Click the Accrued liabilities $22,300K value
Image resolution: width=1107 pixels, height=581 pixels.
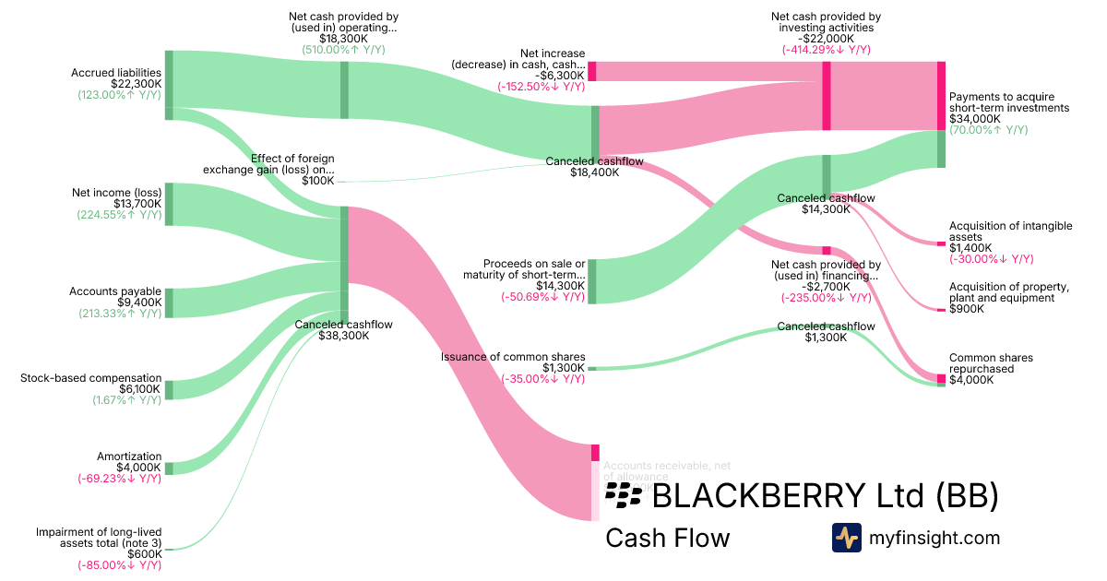coord(135,84)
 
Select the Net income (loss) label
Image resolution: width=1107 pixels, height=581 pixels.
coord(116,193)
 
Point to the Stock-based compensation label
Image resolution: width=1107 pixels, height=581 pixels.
coord(91,378)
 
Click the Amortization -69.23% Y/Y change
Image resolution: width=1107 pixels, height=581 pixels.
coord(120,479)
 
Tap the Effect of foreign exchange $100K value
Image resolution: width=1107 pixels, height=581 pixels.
coord(318,181)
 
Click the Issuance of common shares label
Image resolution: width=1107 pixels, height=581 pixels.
coord(513,357)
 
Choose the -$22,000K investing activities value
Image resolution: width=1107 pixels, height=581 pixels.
coord(826,39)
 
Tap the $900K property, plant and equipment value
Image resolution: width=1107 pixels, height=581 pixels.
coord(967,309)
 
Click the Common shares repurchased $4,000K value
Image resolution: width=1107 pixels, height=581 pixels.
coord(971,380)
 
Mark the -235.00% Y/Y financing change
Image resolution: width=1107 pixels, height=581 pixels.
coord(826,298)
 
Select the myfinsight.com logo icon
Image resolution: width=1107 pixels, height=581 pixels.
coord(846,538)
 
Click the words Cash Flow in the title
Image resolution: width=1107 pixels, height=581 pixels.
coord(667,539)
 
